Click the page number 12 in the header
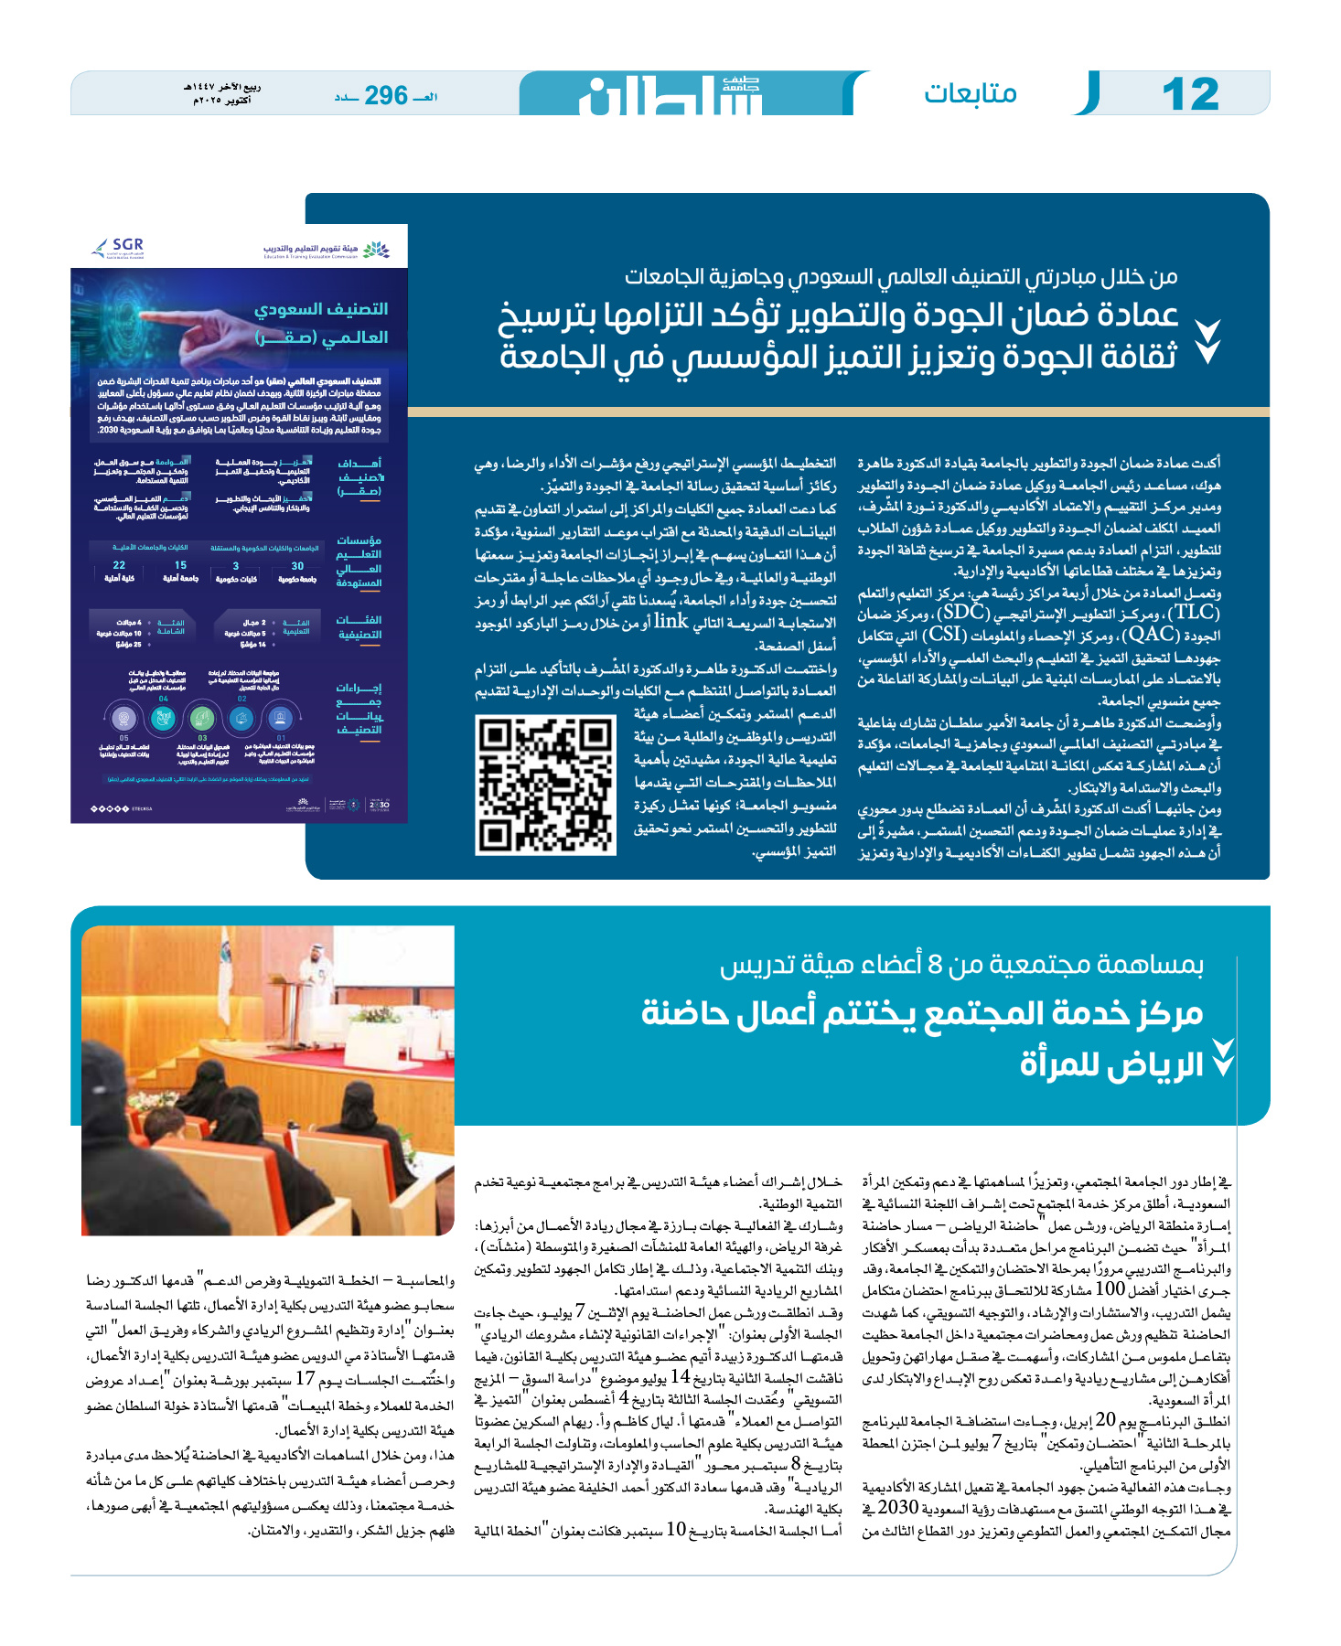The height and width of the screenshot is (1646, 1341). pos(1190,94)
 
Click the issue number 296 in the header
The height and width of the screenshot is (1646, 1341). pos(386,95)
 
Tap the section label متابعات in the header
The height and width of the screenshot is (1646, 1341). pos(970,93)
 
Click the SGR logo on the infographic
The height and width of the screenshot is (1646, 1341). pos(120,247)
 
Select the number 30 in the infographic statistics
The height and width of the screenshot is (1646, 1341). pos(297,566)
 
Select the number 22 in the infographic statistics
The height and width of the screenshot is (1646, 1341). pos(119,566)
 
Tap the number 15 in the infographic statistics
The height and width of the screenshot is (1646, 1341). pos(180,566)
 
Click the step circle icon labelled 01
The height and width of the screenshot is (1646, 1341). pos(281,719)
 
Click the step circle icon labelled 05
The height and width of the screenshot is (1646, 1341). pos(123,719)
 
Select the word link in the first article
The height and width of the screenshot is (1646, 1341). pos(670,622)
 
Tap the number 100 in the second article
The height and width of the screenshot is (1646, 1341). pos(1110,1289)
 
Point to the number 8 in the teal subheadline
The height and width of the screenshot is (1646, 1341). pos(934,965)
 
